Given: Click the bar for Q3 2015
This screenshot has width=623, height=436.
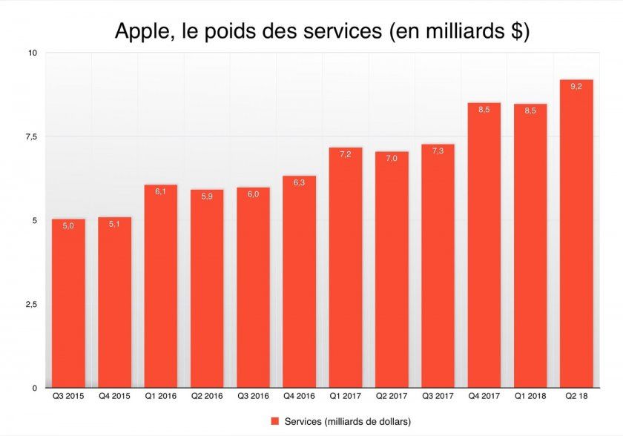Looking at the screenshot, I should pyautogui.click(x=68, y=304).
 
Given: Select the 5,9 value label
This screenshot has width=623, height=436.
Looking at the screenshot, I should pyautogui.click(x=207, y=196).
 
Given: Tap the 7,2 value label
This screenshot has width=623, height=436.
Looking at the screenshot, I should pyautogui.click(x=346, y=154).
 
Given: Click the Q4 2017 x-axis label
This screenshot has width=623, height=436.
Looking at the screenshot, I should pyautogui.click(x=484, y=397).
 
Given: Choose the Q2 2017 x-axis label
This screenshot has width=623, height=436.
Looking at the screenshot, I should pyautogui.click(x=392, y=397).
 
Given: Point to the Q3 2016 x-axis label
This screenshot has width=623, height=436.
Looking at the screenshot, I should pyautogui.click(x=253, y=397).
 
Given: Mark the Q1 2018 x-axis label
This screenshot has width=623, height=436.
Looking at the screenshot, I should pyautogui.click(x=530, y=397).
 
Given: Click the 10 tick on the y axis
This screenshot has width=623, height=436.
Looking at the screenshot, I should pyautogui.click(x=33, y=53).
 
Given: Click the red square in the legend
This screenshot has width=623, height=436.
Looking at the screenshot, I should pyautogui.click(x=274, y=421).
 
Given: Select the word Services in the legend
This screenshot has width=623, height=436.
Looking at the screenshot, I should pyautogui.click(x=303, y=421).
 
